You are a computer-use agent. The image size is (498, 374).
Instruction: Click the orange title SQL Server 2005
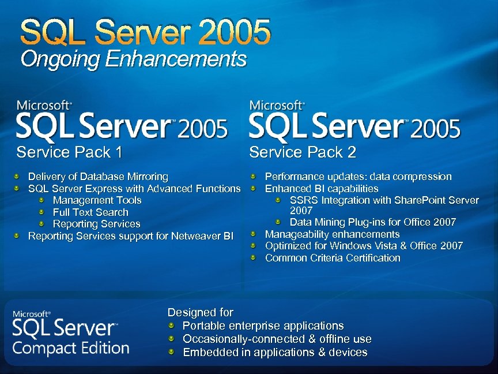tap(145, 32)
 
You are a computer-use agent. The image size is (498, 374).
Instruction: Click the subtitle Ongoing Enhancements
tap(134, 59)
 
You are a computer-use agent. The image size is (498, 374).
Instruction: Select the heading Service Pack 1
tap(70, 152)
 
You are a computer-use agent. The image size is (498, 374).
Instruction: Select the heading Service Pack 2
tap(303, 152)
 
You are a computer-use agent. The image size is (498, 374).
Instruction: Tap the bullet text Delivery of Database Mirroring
tap(98, 177)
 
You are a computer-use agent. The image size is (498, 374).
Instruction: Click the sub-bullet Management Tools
tap(97, 200)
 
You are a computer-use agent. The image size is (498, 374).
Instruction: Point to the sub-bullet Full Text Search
tap(90, 212)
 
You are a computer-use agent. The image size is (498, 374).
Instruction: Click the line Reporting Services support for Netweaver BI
tap(131, 236)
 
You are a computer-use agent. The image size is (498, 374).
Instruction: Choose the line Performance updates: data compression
tap(358, 177)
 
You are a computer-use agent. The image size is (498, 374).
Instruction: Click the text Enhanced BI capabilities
tap(321, 189)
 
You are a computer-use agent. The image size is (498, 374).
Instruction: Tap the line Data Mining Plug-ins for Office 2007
tap(372, 222)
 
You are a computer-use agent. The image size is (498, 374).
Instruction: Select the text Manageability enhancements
tap(332, 234)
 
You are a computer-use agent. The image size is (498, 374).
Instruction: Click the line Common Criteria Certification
tap(332, 258)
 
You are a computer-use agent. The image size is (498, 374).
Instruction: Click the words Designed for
tap(200, 312)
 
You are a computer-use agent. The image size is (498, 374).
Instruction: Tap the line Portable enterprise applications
tap(263, 326)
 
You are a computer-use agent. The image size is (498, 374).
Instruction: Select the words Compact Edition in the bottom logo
tap(71, 348)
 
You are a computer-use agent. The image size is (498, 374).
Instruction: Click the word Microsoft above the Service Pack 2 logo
tap(276, 106)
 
